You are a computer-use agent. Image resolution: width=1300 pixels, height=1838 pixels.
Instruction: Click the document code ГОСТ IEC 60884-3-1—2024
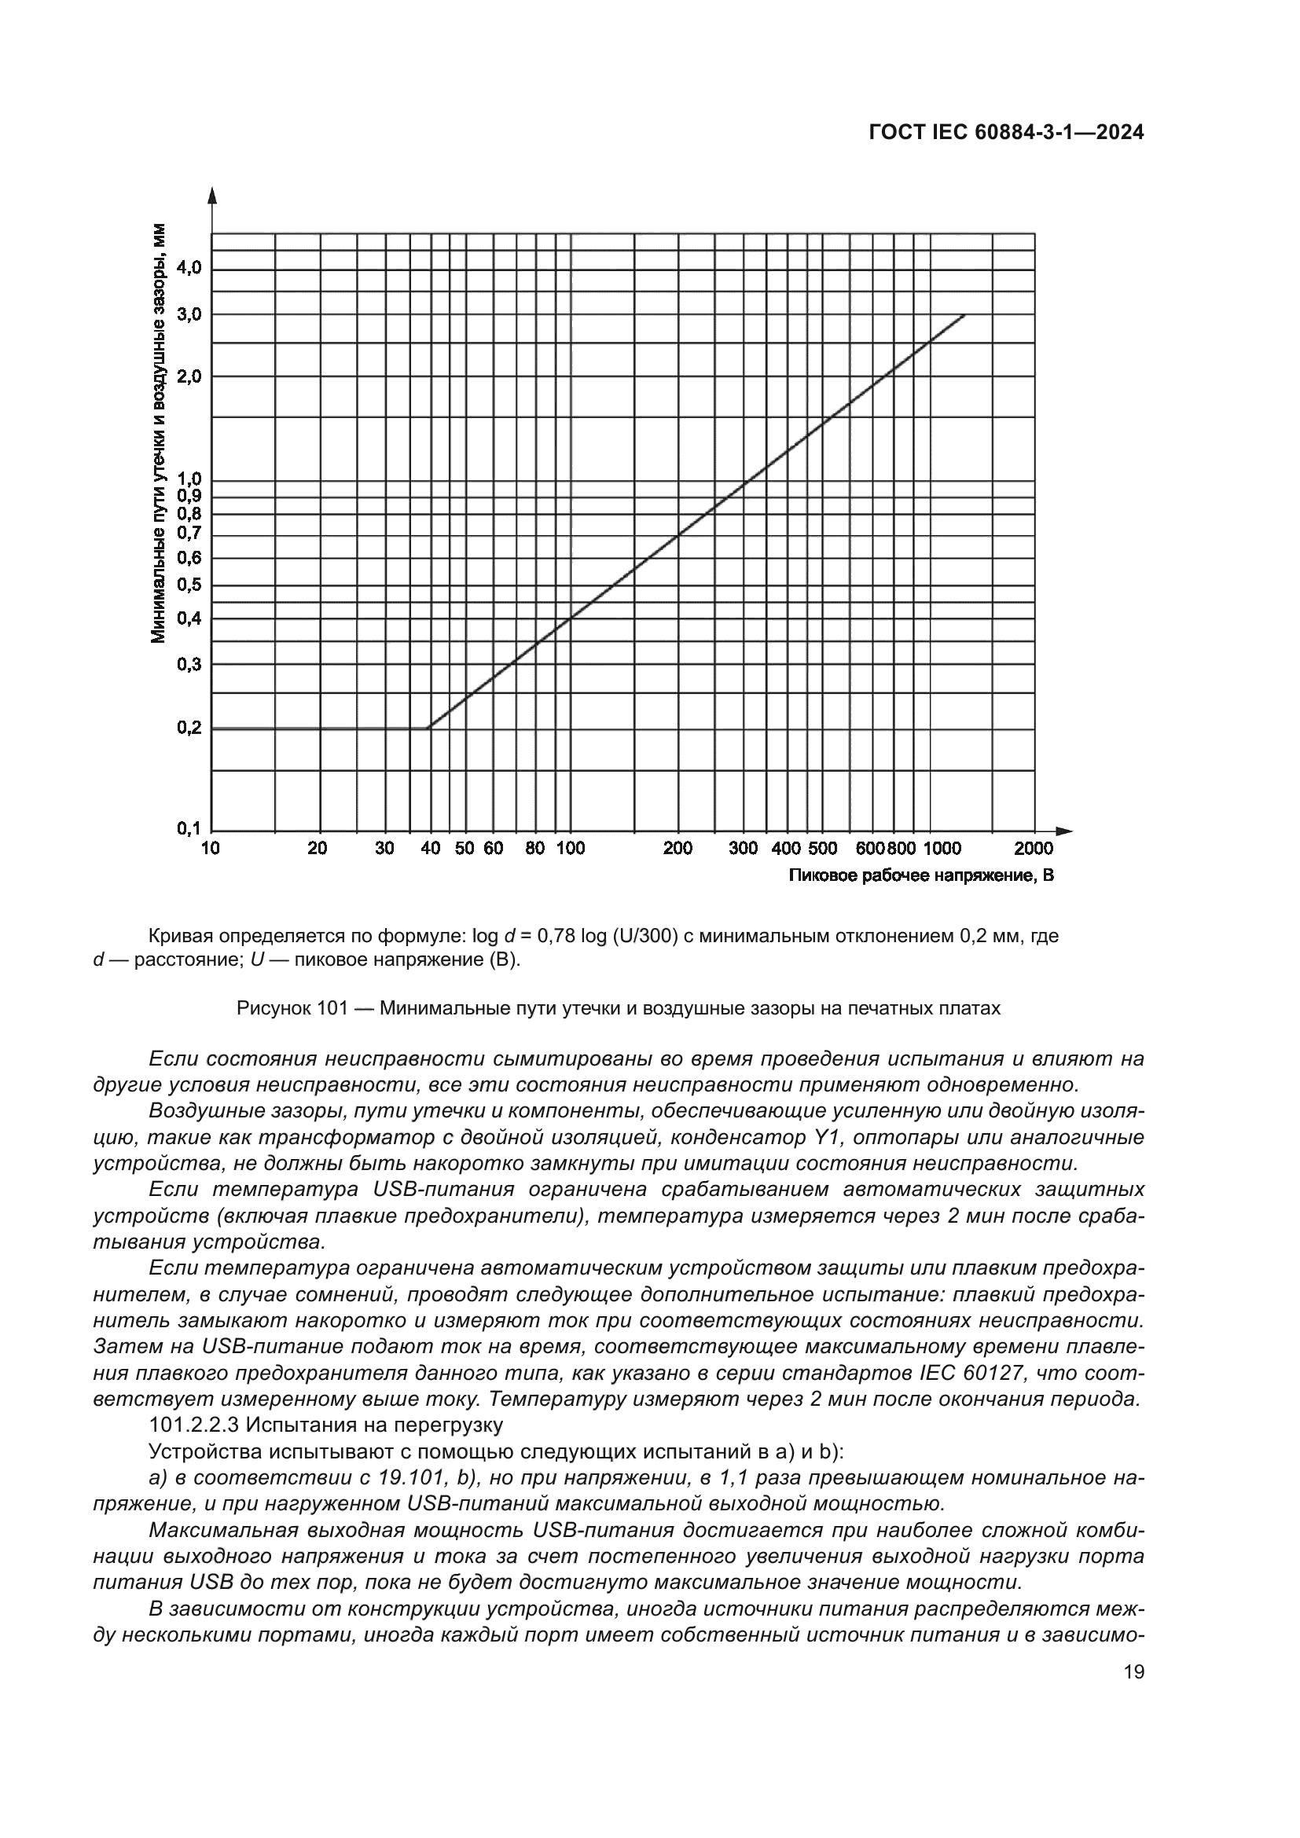(1006, 133)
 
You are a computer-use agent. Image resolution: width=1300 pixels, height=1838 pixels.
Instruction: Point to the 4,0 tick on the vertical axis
(189, 268)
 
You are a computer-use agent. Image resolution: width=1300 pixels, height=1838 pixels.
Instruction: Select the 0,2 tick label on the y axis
(189, 728)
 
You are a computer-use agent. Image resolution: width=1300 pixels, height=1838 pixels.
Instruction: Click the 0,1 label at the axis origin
(189, 828)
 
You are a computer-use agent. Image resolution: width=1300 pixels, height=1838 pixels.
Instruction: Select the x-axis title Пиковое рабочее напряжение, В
(920, 875)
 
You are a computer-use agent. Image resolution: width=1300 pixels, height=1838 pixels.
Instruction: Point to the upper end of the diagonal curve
(964, 315)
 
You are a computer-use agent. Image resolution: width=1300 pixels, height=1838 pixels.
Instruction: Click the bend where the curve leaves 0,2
(429, 728)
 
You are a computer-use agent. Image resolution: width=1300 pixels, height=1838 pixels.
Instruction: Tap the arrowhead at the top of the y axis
(212, 195)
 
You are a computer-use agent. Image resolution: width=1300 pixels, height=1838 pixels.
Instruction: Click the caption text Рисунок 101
(292, 1008)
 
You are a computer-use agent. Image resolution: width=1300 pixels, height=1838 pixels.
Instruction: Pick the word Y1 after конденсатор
(822, 1138)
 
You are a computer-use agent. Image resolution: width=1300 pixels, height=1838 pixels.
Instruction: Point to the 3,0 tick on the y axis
(189, 314)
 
